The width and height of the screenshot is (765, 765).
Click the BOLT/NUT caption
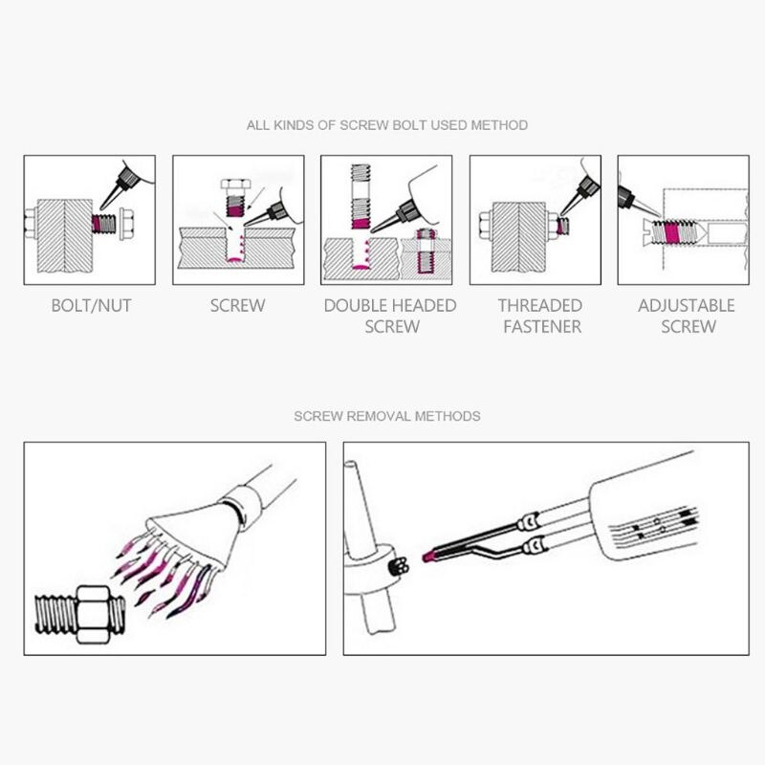(x=91, y=305)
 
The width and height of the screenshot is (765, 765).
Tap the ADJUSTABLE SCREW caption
(x=687, y=316)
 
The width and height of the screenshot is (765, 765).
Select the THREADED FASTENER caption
(x=540, y=316)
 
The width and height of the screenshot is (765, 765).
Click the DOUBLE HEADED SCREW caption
(x=390, y=316)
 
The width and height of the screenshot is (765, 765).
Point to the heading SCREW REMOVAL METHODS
(x=387, y=416)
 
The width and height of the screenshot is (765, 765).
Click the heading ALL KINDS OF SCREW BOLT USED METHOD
(x=387, y=125)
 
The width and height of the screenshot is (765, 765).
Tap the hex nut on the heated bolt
(x=93, y=614)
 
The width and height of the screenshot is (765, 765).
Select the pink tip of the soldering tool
(x=428, y=557)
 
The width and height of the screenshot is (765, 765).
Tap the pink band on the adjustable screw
(x=671, y=232)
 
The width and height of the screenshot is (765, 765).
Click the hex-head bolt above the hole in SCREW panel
(x=235, y=197)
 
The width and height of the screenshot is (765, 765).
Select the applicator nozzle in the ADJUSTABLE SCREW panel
(x=637, y=201)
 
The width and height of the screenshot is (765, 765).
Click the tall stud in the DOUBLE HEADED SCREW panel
(x=361, y=197)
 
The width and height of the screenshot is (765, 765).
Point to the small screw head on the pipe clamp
(x=399, y=566)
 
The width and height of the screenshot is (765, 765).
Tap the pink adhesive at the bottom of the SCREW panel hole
(x=235, y=260)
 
